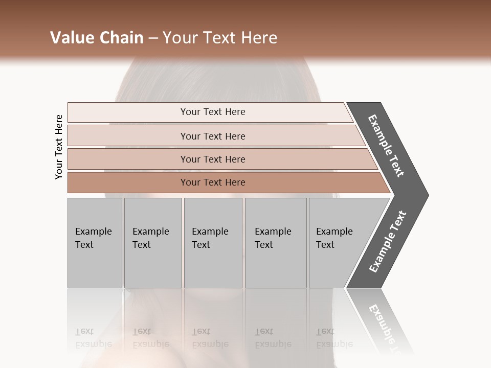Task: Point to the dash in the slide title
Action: point(153,38)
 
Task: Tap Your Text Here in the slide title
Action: point(220,38)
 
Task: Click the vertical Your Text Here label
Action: point(59,147)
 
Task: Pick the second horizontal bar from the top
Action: point(212,136)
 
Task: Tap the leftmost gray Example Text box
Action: point(95,243)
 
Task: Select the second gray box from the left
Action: point(152,243)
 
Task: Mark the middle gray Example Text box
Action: point(213,243)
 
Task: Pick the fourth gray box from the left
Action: point(276,243)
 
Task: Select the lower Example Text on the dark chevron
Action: point(388,241)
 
